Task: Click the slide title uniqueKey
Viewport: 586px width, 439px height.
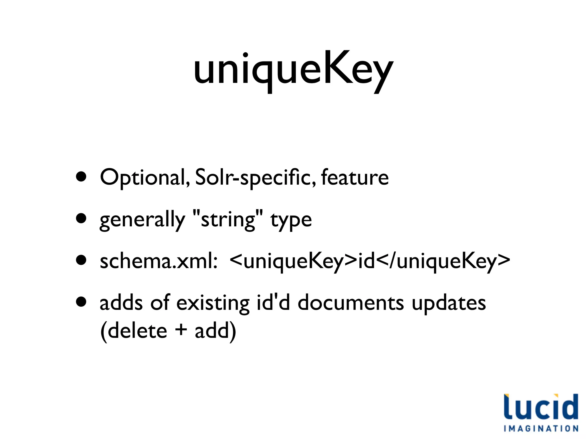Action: (293, 70)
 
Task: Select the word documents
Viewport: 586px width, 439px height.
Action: (351, 303)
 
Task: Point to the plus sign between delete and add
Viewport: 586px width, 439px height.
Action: (181, 330)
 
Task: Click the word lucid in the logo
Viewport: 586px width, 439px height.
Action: (541, 407)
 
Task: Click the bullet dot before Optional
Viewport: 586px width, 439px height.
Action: (82, 177)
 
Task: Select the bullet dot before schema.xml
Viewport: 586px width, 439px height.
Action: (82, 260)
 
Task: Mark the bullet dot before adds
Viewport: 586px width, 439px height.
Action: (82, 302)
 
